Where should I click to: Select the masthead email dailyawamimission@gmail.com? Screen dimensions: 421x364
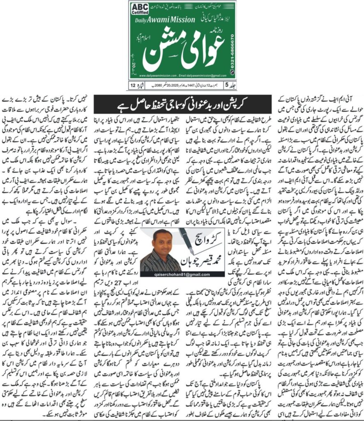click(x=205, y=76)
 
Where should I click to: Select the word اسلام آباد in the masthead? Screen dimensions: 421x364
click(x=219, y=42)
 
